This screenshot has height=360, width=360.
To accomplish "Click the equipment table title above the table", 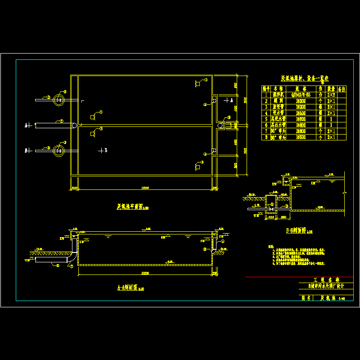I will pyautogui.click(x=305, y=78).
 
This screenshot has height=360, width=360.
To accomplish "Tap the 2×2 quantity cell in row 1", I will pyautogui.click(x=331, y=95).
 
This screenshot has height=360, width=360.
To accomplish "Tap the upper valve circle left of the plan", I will pyautogui.click(x=58, y=100).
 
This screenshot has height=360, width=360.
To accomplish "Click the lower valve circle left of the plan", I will pyautogui.click(x=58, y=150).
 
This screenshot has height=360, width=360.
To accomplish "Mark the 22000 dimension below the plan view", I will pyautogui.click(x=144, y=187).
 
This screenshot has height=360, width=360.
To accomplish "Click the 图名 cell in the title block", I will pyautogui.click(x=306, y=297).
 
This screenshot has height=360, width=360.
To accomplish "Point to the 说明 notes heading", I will pyautogui.click(x=270, y=246).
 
